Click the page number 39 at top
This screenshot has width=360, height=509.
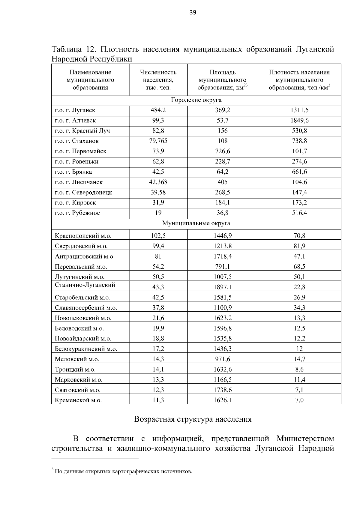(193, 12)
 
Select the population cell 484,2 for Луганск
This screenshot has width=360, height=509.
(158, 110)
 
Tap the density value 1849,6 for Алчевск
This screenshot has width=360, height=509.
(299, 121)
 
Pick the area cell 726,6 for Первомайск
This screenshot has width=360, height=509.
(222, 151)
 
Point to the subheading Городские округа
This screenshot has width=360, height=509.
(196, 100)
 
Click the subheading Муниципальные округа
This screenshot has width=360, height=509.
(196, 223)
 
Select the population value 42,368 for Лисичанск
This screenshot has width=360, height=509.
(158, 182)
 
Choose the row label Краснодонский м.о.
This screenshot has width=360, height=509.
(83, 236)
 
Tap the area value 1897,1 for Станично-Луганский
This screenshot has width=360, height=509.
(222, 287)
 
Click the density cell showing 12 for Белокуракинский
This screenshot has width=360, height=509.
(299, 349)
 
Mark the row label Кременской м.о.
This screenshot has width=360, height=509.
(78, 400)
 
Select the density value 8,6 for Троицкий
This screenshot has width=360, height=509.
(299, 370)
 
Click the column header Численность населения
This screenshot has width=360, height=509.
(158, 80)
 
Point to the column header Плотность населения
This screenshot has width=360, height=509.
(299, 80)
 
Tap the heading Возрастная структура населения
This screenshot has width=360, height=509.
(193, 419)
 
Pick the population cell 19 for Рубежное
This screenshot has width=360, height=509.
(158, 213)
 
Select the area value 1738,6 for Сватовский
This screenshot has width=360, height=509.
(222, 390)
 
